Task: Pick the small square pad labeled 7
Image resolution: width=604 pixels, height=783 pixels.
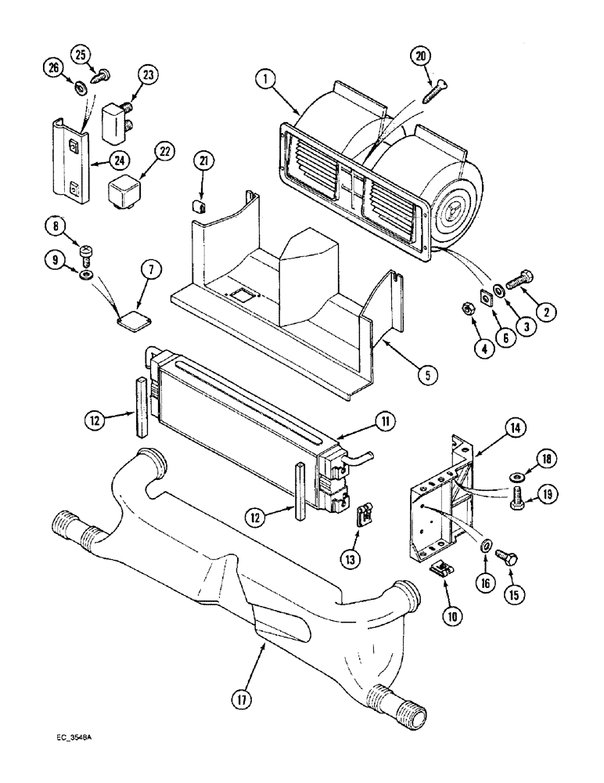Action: point(129,314)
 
